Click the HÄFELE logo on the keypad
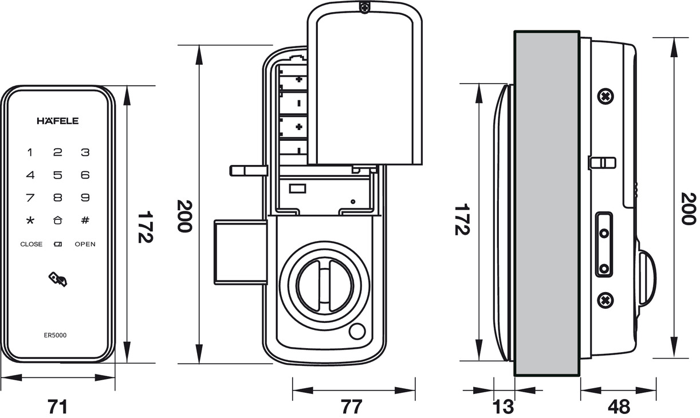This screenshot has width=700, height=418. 58,121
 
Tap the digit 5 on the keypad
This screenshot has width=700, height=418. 58,175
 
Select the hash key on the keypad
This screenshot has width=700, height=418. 85,220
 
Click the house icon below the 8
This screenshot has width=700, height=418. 58,220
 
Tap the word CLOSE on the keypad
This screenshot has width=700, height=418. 32,244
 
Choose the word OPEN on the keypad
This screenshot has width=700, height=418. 85,244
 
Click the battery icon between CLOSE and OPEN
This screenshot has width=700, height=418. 58,245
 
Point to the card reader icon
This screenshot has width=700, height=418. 58,279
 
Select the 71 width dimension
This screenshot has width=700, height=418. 57,407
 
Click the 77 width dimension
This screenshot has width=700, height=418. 352,407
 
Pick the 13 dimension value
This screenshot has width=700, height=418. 504,407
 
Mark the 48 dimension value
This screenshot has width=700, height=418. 619,407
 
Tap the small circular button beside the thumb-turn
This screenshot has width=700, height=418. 358,332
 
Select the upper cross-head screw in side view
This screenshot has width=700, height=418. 605,96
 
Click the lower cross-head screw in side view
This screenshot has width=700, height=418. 605,299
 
